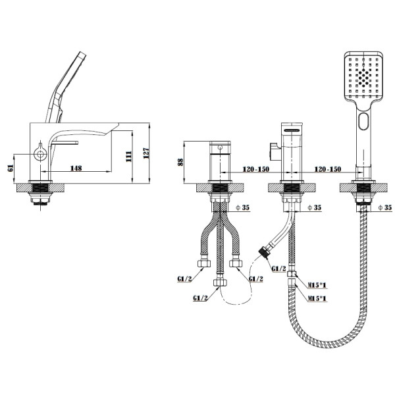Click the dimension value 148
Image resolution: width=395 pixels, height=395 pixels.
click(76, 168)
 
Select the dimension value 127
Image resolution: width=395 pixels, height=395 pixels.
click(146, 153)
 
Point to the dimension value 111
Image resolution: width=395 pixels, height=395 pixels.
click(129, 157)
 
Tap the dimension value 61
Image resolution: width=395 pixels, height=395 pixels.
click(11, 168)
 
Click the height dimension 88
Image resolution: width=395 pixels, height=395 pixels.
click(180, 162)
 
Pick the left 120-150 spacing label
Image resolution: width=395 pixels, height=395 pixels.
click(256, 169)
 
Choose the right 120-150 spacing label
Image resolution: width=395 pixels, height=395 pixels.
click(328, 169)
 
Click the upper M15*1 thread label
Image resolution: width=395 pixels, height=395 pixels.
click(317, 285)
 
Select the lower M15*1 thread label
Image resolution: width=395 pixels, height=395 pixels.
click(317, 298)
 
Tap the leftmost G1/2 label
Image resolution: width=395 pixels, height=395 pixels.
click(184, 279)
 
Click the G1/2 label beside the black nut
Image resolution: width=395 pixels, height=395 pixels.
click(279, 269)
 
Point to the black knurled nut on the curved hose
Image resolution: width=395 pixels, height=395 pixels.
click(265, 251)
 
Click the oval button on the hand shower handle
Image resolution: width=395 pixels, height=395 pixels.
click(363, 121)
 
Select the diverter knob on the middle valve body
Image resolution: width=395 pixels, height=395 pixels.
click(275, 151)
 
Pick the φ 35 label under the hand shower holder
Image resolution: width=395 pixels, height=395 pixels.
click(385, 207)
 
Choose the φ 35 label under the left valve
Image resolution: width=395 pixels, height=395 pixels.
click(242, 207)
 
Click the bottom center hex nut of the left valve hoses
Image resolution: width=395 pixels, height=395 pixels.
click(220, 282)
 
